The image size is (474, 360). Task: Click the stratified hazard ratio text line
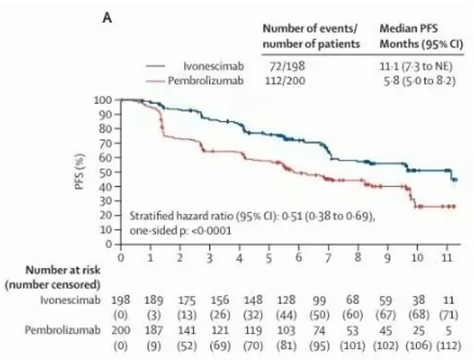coord(252,215)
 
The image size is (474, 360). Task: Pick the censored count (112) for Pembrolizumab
coord(449,343)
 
